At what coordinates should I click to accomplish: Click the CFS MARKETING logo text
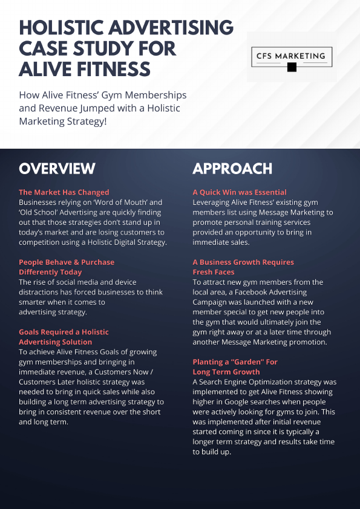pyautogui.click(x=291, y=56)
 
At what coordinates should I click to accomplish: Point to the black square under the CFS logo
pyautogui.click(x=292, y=67)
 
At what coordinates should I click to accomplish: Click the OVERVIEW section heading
pyautogui.click(x=57, y=168)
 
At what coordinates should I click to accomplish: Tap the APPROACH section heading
pyautogui.click(x=232, y=168)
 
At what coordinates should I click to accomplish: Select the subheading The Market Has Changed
pyautogui.click(x=64, y=192)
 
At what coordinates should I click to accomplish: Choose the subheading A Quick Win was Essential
pyautogui.click(x=240, y=192)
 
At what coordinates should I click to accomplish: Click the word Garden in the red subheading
pyautogui.click(x=246, y=361)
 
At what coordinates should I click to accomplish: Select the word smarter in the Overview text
pyautogui.click(x=36, y=302)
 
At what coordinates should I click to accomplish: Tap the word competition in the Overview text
pyautogui.click(x=43, y=242)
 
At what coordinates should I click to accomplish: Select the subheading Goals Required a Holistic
pyautogui.click(x=64, y=332)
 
